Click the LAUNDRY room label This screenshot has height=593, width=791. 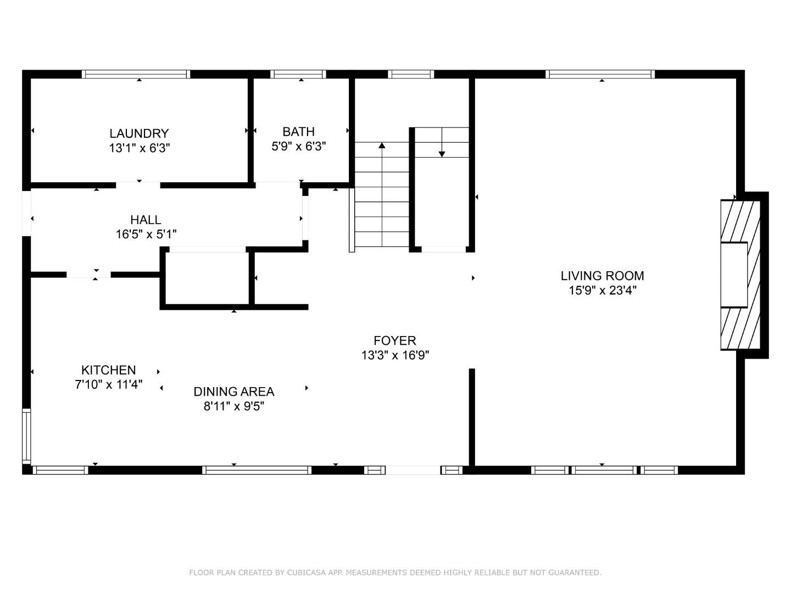pos(139,133)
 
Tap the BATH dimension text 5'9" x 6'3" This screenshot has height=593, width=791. pos(299,147)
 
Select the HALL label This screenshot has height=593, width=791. pos(146,220)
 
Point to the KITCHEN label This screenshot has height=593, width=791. pos(108,370)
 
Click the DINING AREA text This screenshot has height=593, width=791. pos(233,391)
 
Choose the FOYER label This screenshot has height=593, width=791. pos(395,340)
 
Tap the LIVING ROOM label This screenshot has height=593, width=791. pos(602,276)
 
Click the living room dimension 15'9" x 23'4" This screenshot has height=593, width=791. pos(602,290)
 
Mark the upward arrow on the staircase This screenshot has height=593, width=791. pos(382,146)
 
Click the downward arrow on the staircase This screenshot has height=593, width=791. pos(442,154)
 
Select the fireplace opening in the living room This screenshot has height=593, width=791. pos(734,274)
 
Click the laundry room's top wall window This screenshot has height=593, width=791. pos(136,74)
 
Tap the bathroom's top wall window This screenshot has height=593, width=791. pos(298,74)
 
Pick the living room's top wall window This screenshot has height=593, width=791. pos(600,74)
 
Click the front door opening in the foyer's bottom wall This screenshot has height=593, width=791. pos(413,470)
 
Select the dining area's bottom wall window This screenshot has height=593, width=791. pos(257,470)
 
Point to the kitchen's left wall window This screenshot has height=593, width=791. pos(26,436)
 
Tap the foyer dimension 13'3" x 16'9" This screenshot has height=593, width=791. pos(395,355)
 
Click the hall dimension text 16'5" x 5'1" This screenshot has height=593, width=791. pos(146,234)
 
